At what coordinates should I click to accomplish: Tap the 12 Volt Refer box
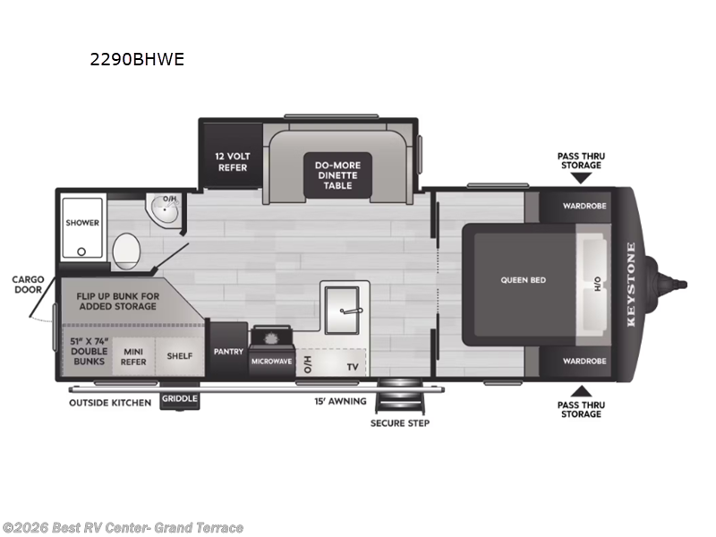[x=231, y=161]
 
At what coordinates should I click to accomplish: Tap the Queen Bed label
[x=523, y=280]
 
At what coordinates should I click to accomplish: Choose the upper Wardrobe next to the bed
[x=584, y=205]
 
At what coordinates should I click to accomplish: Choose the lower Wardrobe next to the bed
[x=584, y=361]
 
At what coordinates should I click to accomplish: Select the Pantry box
[x=227, y=352]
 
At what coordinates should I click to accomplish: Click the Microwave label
[x=272, y=361]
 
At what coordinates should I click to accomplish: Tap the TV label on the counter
[x=353, y=366]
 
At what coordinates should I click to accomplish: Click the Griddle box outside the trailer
[x=180, y=399]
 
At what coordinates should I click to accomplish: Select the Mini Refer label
[x=134, y=355]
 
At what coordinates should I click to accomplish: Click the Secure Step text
[x=399, y=422]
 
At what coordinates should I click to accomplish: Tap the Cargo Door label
[x=28, y=284]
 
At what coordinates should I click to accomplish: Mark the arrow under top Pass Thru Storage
[x=580, y=178]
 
